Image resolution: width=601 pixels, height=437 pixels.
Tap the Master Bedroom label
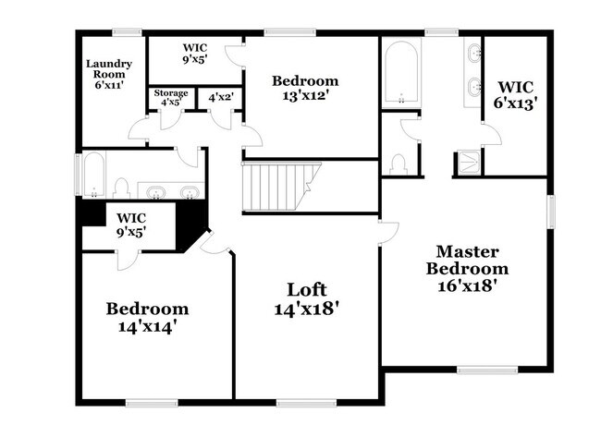point(467,268)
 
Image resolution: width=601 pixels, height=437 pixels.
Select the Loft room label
point(307,299)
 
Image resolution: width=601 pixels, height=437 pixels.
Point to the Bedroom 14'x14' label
point(147,317)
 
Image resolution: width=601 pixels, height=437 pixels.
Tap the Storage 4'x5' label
point(171,98)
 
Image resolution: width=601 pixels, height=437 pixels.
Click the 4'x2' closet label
point(220,97)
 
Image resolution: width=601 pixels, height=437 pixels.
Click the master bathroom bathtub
point(400,73)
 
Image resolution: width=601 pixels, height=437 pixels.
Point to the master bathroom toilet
point(399,164)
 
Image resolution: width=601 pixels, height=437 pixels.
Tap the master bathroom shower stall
point(469,164)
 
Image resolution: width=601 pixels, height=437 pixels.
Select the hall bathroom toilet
point(121,188)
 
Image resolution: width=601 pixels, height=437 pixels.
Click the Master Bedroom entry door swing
point(388,231)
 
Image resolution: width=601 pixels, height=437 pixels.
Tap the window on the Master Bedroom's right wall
point(551,211)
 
